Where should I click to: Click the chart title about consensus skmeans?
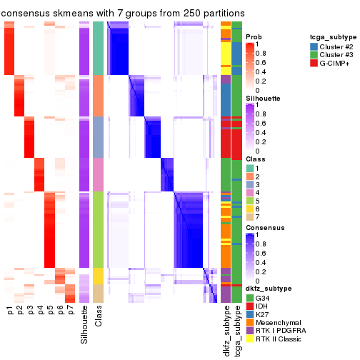[x=123, y=13]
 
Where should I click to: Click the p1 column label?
[x=10, y=311]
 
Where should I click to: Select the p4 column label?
[x=40, y=311]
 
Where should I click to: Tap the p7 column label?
[x=71, y=311]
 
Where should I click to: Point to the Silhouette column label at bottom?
[x=85, y=323]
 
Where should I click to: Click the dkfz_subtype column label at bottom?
[x=226, y=329]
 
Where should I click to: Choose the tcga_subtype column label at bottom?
[x=237, y=329]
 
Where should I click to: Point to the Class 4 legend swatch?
[x=249, y=192]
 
